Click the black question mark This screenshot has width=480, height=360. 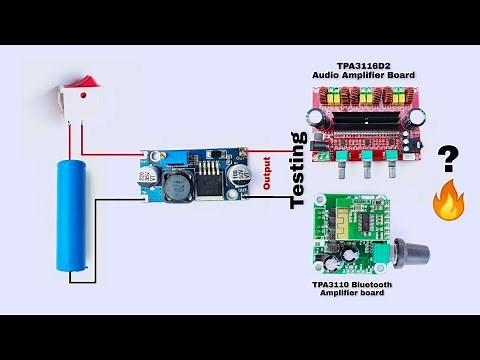pyautogui.click(x=448, y=158)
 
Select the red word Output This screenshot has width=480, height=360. pyautogui.click(x=266, y=172)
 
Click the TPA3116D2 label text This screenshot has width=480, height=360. pyautogui.click(x=364, y=64)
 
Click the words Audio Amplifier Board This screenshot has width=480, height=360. pyautogui.click(x=364, y=75)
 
